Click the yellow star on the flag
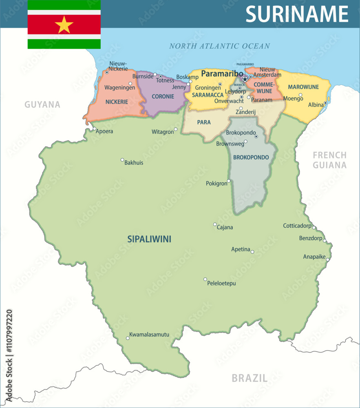64,24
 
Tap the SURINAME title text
297,14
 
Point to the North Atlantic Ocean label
219,46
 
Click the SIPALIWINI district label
149,239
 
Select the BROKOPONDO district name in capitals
251,157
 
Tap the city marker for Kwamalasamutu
127,338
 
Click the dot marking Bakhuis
122,160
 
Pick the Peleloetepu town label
221,283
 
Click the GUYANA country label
42,104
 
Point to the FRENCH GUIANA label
329,160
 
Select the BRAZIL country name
250,378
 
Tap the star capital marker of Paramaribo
245,79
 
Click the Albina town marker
325,103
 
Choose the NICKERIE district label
117,102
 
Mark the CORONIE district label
163,97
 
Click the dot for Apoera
94,129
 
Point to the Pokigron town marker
229,181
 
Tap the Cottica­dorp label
297,226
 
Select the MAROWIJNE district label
303,87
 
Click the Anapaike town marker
327,259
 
